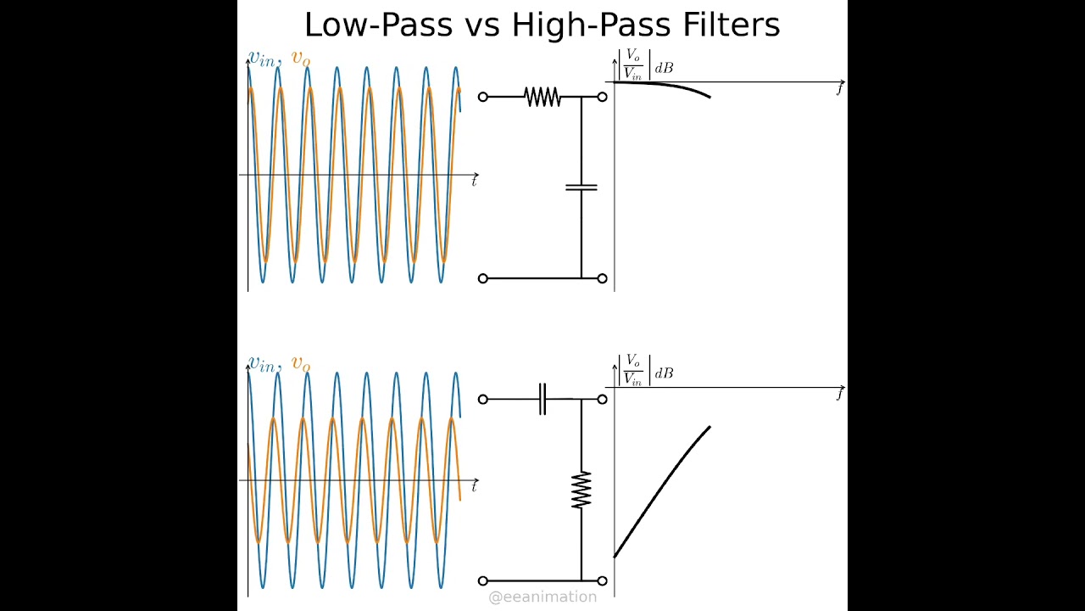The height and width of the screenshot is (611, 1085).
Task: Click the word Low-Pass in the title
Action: [378, 25]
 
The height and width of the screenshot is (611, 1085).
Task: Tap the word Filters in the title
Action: [731, 25]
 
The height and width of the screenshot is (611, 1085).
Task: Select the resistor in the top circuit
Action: [542, 97]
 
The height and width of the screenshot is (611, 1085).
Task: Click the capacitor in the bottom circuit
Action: [542, 399]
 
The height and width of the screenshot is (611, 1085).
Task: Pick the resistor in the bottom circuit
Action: [581, 490]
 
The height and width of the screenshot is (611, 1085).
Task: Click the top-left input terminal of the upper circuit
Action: [483, 97]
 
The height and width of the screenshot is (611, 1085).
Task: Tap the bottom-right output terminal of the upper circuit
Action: [602, 278]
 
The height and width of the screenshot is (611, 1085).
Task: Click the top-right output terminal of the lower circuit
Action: [602, 399]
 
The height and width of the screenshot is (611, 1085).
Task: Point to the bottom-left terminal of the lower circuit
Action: [483, 580]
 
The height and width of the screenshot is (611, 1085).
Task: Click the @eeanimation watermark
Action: [542, 597]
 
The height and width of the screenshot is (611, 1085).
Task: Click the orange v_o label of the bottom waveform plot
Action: [301, 363]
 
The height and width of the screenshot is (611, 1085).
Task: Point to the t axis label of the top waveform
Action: [474, 181]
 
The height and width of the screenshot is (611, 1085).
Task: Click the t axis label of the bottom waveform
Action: [474, 486]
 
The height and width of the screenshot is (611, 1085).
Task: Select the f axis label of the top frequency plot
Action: [839, 88]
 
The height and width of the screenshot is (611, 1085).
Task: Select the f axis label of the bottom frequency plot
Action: [839, 394]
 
